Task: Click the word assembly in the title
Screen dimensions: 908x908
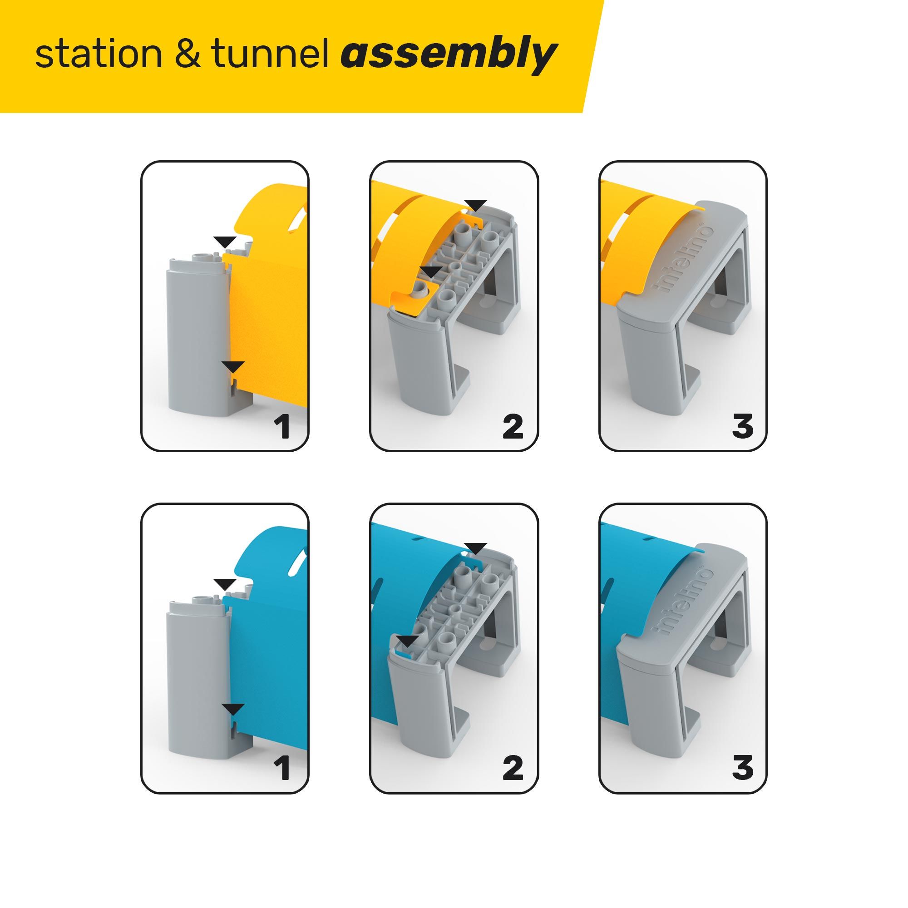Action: coord(449,55)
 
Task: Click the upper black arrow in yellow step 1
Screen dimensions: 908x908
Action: coord(225,242)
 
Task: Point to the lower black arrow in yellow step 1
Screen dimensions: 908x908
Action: coord(233,367)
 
